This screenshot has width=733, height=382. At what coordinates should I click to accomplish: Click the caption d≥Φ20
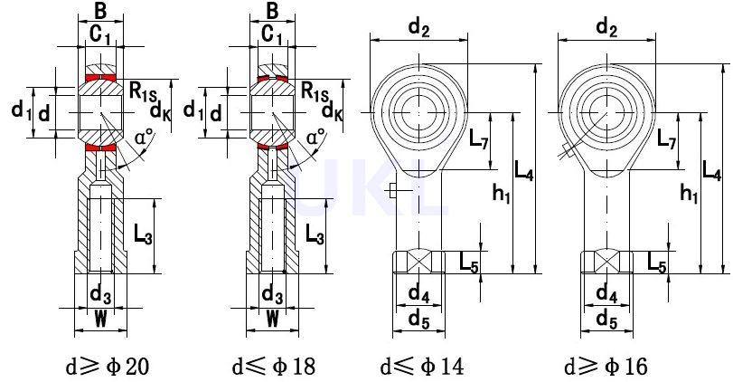pos(108,366)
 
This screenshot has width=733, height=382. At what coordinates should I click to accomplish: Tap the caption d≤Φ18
pos(274,366)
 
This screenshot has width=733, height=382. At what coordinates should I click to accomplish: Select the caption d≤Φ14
pos(423,366)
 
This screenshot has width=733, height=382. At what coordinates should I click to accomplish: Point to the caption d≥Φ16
pos(606,366)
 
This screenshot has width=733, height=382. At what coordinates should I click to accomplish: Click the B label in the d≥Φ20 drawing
pos(100,11)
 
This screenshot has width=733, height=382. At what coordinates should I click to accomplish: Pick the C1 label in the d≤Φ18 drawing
pos(272,35)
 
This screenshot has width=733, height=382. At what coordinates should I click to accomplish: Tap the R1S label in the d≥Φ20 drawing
pos(144,91)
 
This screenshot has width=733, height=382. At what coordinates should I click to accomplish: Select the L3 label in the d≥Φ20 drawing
pos(143,234)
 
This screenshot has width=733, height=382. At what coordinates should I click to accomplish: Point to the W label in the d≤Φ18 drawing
pos(273,320)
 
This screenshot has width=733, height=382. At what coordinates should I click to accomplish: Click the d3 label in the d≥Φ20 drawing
pos(100,295)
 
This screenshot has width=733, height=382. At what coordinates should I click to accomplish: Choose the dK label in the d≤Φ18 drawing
pos(333,111)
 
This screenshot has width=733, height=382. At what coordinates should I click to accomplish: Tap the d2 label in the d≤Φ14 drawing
pos(418,28)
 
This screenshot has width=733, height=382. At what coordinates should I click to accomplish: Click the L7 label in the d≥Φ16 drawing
pos(667,139)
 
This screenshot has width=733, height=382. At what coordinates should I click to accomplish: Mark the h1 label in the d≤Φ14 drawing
pos(502,194)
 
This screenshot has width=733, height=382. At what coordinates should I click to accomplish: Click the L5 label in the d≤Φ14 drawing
pos(469,263)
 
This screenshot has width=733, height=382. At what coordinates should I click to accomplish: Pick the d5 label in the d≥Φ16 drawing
pos(606,320)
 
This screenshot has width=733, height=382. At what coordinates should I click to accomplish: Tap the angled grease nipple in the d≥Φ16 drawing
pos(566,151)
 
